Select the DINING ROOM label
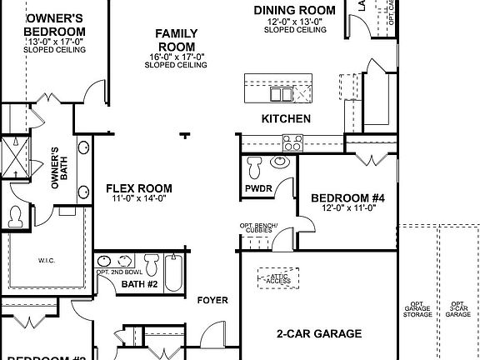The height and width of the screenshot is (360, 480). point(294,10)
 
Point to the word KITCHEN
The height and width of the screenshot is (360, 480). point(286,119)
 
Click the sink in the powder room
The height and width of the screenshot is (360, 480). point(279,162)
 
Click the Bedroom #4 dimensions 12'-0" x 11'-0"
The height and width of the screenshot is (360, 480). point(348,208)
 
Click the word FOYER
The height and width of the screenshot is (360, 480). point(212,299)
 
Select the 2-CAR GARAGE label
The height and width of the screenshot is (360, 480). point(319,334)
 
